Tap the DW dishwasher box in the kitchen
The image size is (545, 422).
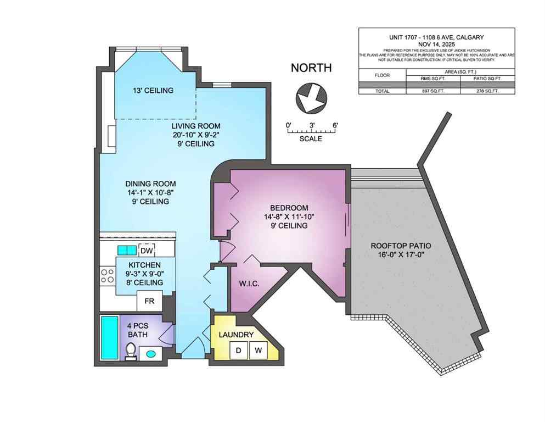[x=146, y=251]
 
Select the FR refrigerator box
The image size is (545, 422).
[x=149, y=301]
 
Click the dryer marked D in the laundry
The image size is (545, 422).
[x=239, y=349]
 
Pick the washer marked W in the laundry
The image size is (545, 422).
[x=258, y=349]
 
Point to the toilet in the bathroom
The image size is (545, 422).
[x=131, y=351]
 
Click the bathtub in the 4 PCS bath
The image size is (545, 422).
[x=108, y=338]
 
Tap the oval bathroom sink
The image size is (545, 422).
[x=151, y=353]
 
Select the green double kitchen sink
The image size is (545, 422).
[x=127, y=251]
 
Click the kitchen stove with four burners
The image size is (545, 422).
[x=105, y=276]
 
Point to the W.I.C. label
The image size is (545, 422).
[x=249, y=284]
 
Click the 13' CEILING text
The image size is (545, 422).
[x=153, y=90]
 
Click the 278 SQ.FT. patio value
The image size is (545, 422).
[x=487, y=91]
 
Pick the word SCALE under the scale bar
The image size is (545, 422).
[x=311, y=138]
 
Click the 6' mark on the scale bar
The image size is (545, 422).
[x=335, y=125]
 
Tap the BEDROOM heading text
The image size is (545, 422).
[x=289, y=208]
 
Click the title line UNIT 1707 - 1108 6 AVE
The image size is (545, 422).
[x=436, y=37]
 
